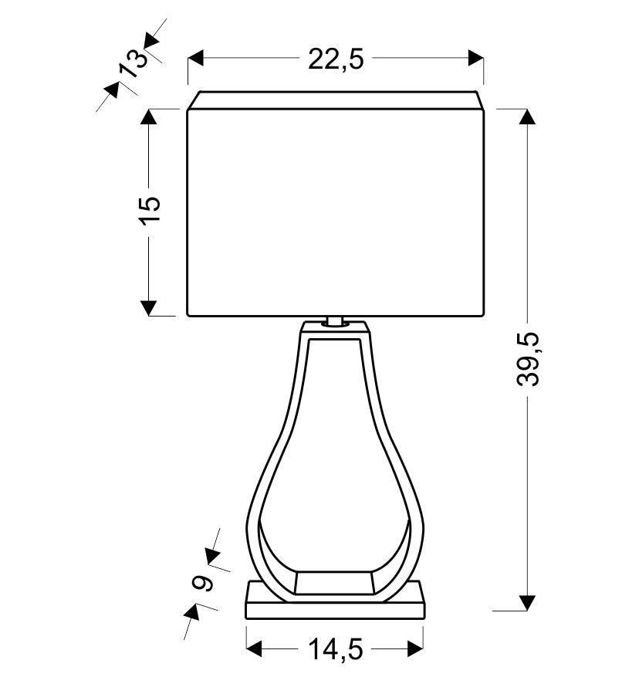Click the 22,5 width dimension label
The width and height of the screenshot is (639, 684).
(336, 59)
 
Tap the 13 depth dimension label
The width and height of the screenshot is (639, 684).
(133, 63)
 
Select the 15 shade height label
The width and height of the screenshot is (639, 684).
(150, 211)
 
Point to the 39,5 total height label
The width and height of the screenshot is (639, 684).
(528, 359)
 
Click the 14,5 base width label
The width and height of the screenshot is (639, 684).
(336, 649)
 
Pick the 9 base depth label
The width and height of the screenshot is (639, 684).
(203, 583)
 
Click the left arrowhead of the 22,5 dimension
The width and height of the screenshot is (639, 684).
(196, 58)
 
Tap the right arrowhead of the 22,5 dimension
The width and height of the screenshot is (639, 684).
(476, 58)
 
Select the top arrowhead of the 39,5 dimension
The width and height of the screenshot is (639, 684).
(527, 117)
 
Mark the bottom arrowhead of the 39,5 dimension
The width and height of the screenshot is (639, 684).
(527, 603)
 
